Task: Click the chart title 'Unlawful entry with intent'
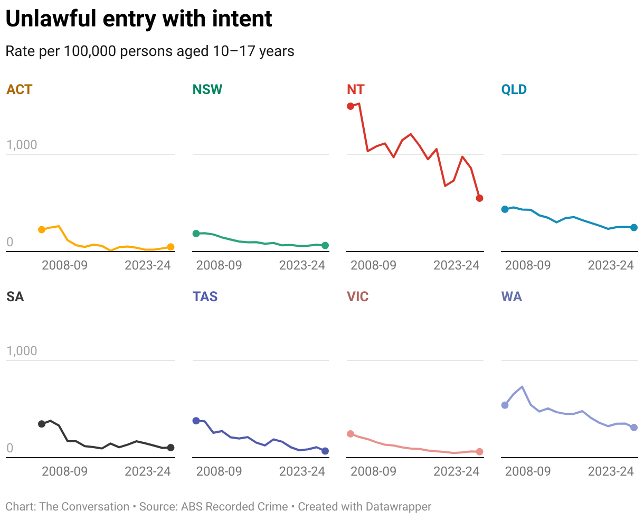click(139, 20)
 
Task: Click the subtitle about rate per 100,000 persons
click(150, 51)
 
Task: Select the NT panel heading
click(356, 89)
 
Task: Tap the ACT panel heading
click(20, 89)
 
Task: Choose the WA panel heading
click(512, 296)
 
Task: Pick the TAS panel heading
click(205, 296)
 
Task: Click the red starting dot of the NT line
click(351, 106)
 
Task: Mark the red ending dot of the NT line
click(479, 198)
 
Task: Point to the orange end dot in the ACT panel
click(171, 247)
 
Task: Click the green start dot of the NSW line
click(196, 234)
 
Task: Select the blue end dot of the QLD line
click(634, 227)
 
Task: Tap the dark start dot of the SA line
click(42, 424)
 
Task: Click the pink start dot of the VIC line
click(351, 434)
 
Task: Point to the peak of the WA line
click(522, 387)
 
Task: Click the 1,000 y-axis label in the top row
click(22, 145)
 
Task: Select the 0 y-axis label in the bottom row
click(10, 449)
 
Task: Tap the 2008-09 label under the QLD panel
click(528, 265)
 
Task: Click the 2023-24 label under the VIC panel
click(457, 471)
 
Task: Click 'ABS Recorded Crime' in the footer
click(234, 507)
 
